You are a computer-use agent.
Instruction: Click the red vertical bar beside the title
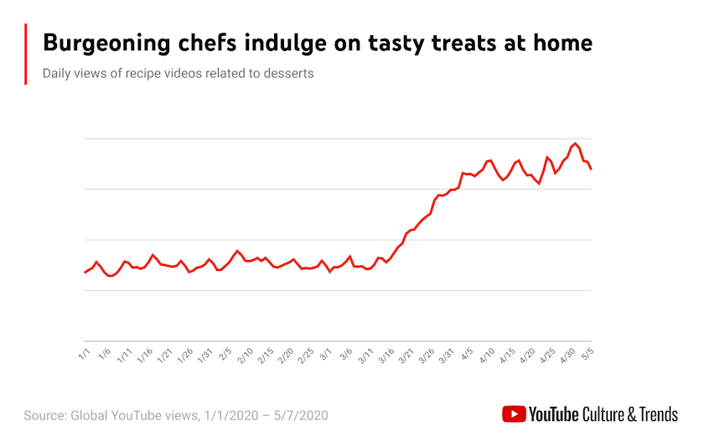(27, 54)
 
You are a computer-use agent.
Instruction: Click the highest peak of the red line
(575, 143)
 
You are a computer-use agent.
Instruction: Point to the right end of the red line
(592, 169)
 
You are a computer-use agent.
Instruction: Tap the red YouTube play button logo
(514, 414)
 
